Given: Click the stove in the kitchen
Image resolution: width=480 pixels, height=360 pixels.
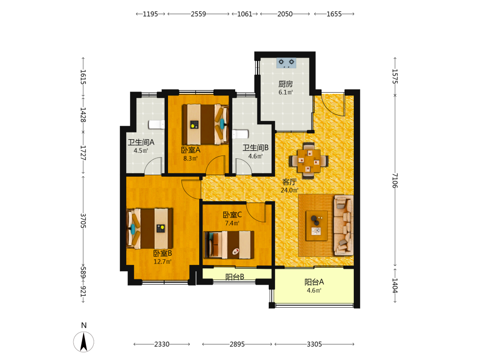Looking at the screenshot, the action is click(286, 63).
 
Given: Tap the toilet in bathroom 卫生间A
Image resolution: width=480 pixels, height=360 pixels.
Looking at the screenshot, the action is click(157, 125).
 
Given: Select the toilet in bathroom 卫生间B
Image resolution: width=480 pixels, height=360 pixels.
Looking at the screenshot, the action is click(240, 134).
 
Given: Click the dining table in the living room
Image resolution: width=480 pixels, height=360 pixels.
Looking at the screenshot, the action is click(309, 161).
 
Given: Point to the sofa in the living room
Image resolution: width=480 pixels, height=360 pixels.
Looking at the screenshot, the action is click(344, 225).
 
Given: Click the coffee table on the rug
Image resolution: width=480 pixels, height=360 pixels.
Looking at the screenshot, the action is click(317, 226).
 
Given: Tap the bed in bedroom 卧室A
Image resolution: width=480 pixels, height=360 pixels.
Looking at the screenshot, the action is click(205, 124).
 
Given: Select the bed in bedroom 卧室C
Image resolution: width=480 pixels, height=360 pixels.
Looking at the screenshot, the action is click(229, 245).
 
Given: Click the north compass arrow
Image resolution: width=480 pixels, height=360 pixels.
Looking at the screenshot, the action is click(84, 342).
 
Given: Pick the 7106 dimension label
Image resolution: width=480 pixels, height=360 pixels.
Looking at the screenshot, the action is click(395, 180).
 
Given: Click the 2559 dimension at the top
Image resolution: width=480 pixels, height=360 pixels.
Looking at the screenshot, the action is click(198, 14).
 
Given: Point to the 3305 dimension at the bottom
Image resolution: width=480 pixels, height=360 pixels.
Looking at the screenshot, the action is click(314, 344).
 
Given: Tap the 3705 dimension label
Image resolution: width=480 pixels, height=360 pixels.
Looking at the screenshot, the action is click(83, 221).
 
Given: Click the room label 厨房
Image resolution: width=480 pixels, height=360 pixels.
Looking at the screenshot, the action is click(286, 84).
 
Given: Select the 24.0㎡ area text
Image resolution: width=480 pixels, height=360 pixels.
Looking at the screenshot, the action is click(289, 190).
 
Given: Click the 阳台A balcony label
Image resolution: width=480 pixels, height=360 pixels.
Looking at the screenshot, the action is click(314, 282).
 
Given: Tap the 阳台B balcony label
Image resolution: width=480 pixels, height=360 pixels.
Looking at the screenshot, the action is click(235, 277).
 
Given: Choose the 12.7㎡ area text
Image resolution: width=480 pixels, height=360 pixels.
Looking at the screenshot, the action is click(163, 262).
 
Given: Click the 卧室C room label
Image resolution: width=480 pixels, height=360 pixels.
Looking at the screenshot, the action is click(232, 215).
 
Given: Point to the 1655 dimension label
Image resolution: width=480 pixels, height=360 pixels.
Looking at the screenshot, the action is click(334, 14).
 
